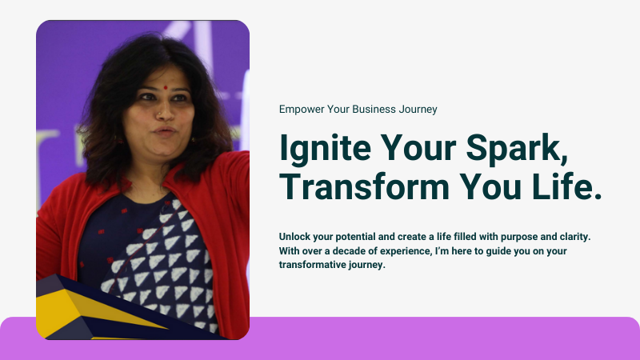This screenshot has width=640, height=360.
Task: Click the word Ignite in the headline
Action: click(325, 149)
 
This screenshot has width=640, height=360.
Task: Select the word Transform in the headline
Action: click(365, 186)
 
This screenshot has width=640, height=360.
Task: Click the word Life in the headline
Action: click(567, 186)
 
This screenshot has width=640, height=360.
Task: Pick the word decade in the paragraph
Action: click(345, 250)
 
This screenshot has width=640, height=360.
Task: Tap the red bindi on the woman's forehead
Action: click(166, 87)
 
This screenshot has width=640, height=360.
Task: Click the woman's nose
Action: click(164, 112)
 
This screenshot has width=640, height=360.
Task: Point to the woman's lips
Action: click(165, 131)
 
